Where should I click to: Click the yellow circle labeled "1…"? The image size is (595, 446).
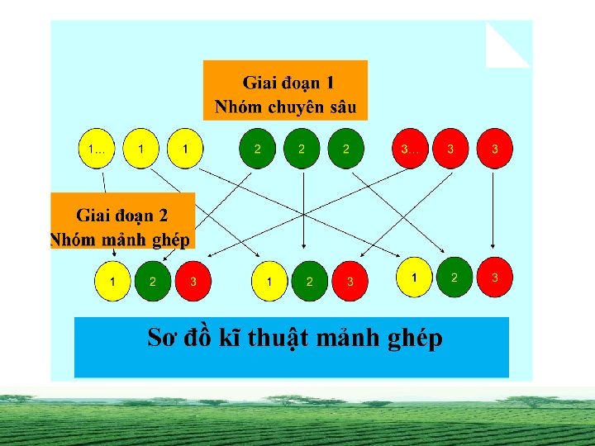click(97, 149)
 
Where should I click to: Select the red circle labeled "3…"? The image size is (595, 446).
click(410, 149)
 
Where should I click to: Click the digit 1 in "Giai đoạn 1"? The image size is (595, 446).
click(330, 83)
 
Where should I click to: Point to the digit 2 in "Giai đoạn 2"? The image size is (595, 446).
click(163, 216)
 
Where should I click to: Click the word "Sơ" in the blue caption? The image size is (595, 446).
click(161, 337)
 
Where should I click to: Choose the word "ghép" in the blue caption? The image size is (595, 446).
click(413, 338)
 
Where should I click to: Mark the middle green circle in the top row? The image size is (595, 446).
click(302, 149)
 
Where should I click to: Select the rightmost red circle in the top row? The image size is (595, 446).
click(494, 149)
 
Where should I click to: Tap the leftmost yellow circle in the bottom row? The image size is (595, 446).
click(112, 282)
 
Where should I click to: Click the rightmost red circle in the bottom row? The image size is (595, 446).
click(494, 278)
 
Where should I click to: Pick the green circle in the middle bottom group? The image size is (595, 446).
click(310, 282)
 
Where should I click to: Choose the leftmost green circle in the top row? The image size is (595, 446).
click(258, 149)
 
